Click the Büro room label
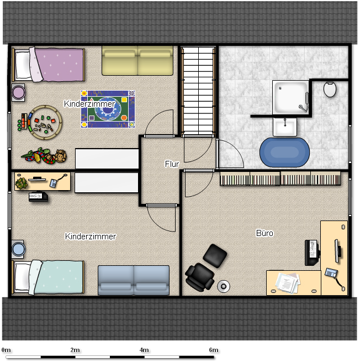[x=264, y=233]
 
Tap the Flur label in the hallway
[x=172, y=164]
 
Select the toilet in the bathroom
[x=330, y=89]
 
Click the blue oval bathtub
[x=284, y=153]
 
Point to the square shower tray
[x=290, y=97]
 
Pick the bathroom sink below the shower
[x=285, y=127]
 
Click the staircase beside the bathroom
[x=198, y=91]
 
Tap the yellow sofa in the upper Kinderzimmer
[x=137, y=60]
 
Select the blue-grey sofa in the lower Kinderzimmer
[x=134, y=280]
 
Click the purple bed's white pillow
[x=23, y=65]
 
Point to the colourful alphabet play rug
[x=108, y=109]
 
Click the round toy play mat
[x=45, y=122]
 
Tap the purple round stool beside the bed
[x=18, y=92]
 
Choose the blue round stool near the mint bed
[x=18, y=249]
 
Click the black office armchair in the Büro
[x=200, y=277]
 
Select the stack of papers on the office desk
[x=288, y=282]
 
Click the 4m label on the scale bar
[x=144, y=350]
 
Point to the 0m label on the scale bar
[x=6, y=350]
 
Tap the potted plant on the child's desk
[x=22, y=183]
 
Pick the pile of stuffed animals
[x=44, y=156]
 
